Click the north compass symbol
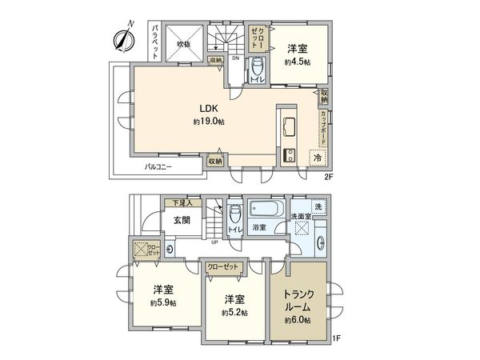point(125,37)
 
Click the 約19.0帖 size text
point(208,122)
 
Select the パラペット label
point(157,41)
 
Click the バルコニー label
point(158,168)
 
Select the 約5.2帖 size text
point(231,311)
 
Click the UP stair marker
point(215,242)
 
